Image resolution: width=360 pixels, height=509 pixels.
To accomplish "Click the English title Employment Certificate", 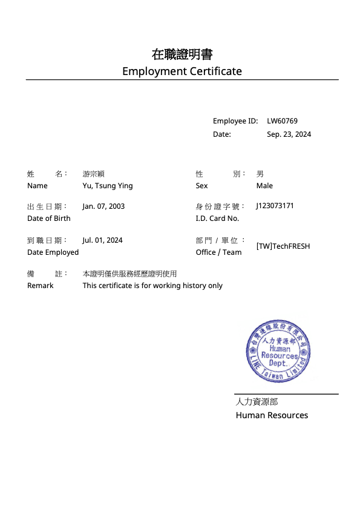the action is click(x=182, y=71).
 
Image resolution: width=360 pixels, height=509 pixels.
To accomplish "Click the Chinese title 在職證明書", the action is click(x=182, y=54).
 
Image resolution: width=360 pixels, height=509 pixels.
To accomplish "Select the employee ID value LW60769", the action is click(x=282, y=121).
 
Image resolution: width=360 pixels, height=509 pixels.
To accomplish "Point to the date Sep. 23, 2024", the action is click(x=289, y=134).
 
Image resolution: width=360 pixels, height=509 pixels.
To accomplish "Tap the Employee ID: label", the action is click(x=235, y=121).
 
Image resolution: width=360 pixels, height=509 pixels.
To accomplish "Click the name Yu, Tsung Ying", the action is click(x=108, y=186).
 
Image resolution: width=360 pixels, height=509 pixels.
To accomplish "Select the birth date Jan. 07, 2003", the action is click(x=103, y=206).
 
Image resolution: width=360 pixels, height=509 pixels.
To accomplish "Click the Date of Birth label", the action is click(x=48, y=218).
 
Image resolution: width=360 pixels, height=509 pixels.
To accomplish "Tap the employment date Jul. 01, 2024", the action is click(x=102, y=240).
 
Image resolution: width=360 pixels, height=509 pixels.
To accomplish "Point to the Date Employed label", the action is click(x=53, y=252).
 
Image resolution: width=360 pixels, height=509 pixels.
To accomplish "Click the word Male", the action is click(x=264, y=186).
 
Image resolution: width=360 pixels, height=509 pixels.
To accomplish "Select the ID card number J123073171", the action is click(x=275, y=206).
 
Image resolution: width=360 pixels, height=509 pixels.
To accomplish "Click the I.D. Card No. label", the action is click(x=217, y=218).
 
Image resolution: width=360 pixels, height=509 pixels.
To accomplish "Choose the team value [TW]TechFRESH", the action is click(x=283, y=246).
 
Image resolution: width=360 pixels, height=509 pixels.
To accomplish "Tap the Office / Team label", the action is click(x=218, y=252).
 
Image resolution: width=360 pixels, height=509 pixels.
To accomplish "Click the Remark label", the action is click(x=40, y=286).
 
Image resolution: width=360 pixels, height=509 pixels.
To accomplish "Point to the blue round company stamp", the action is click(x=278, y=352).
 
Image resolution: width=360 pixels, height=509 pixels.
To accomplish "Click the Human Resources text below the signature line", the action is click(x=272, y=415).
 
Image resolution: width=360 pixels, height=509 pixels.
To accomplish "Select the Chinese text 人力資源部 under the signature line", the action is click(x=257, y=401).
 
